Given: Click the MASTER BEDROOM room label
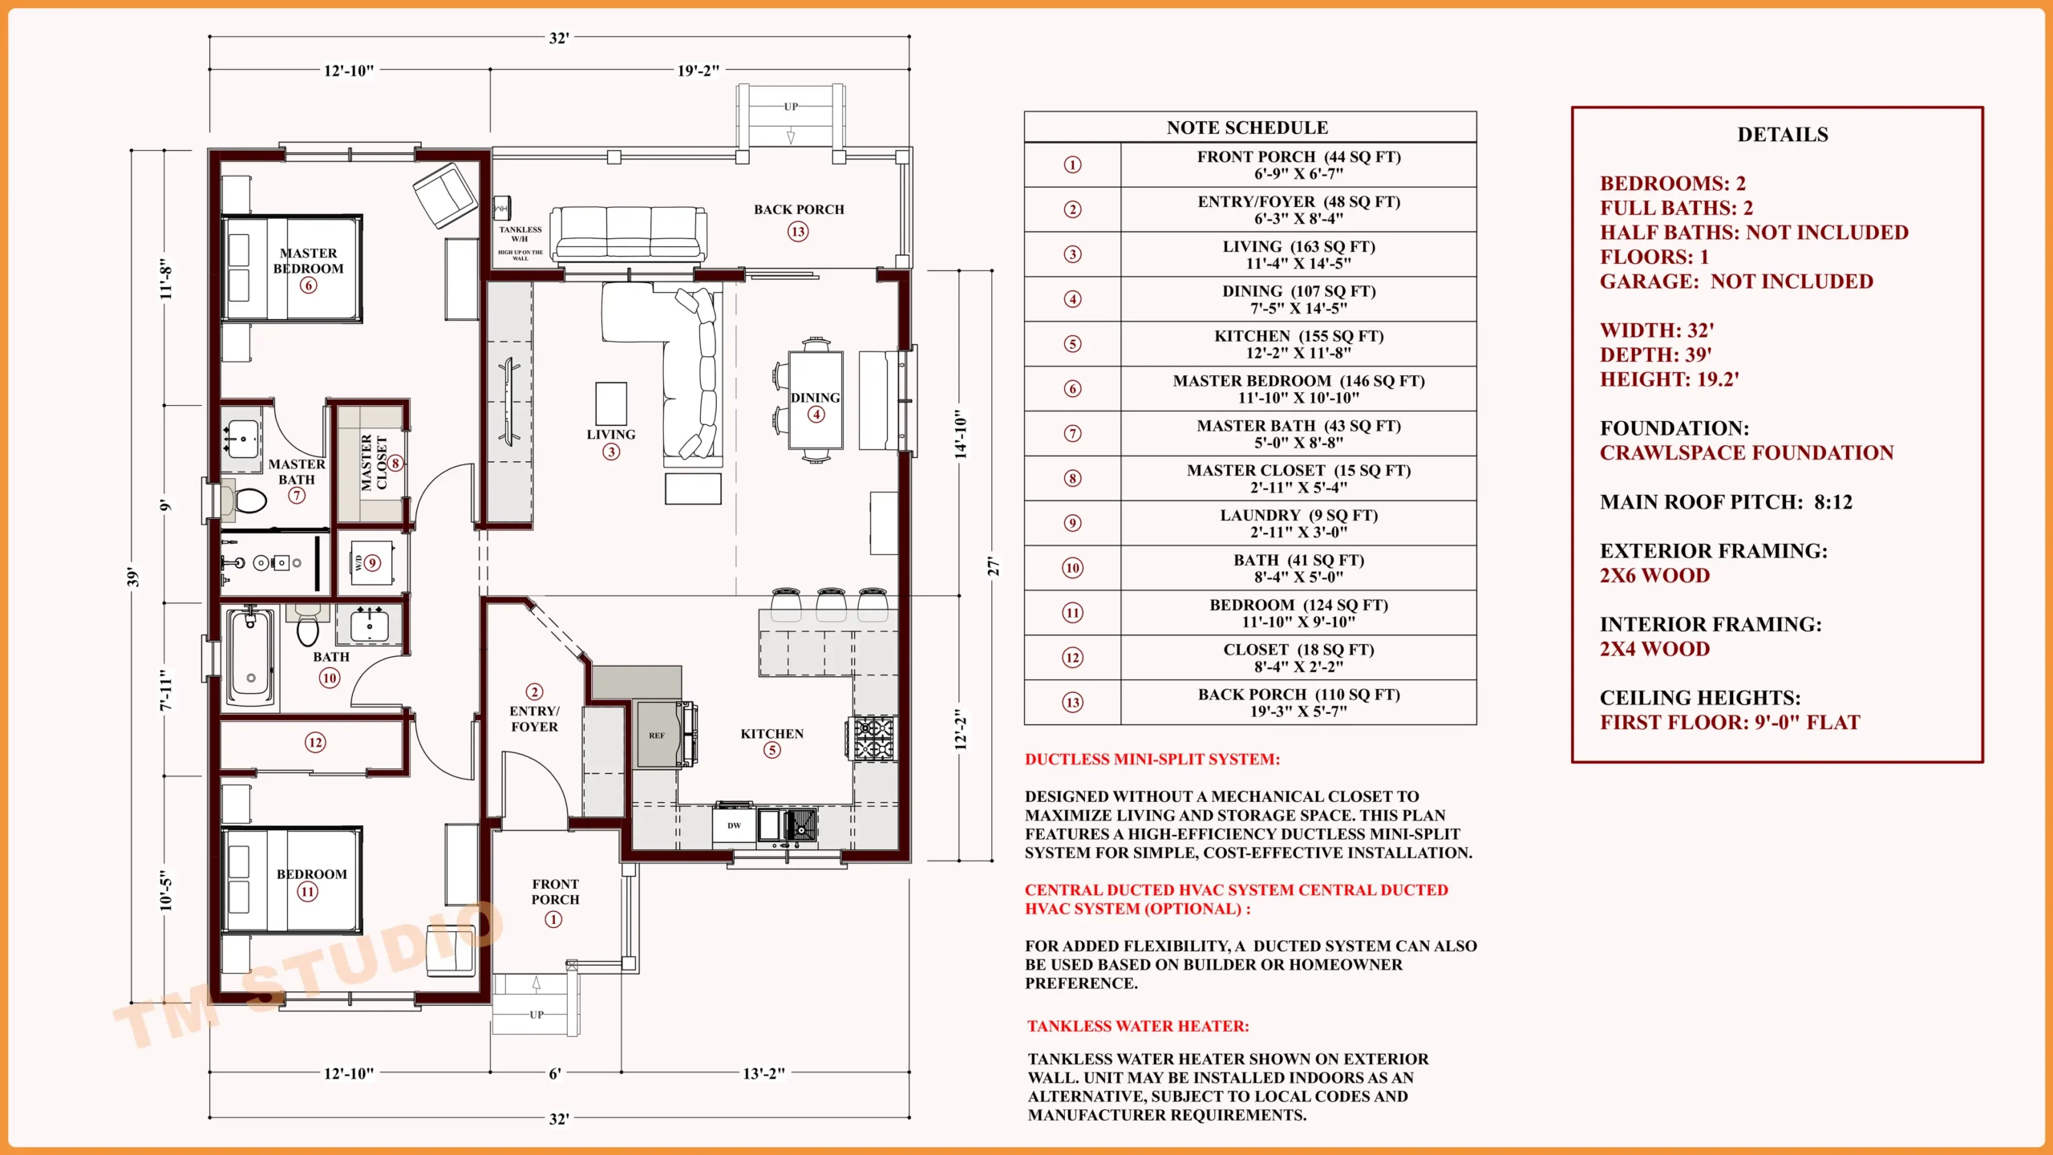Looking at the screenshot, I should pos(308,261).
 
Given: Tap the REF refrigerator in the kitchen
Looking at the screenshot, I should pos(657,735).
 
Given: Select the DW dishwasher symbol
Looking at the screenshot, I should pos(734,825).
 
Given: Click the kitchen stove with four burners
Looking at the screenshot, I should pos(873,739).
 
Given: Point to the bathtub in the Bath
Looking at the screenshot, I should pos(250,657).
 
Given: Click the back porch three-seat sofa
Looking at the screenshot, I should pos(628,233).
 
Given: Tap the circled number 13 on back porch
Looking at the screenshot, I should pos(797,232).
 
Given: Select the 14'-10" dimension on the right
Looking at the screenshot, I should pos(960,433).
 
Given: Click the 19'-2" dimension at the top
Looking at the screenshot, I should pos(698,71).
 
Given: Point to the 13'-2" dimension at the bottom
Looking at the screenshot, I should pos(763,1073).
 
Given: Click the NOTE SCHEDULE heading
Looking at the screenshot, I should pos(1247,128).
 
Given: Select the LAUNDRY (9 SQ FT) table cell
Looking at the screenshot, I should pos(1298,523).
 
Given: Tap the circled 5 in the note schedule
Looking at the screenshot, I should pos(1072,344).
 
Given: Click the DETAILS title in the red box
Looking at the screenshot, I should pos(1782,135).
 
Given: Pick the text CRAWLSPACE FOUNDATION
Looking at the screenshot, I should pos(1746,453).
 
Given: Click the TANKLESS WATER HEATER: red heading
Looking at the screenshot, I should pos(1138,1026).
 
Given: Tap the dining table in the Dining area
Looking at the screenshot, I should pos(816,399).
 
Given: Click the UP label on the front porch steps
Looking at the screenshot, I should pos(537,1015).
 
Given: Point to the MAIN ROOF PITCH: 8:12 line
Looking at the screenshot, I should pos(1726,502).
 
